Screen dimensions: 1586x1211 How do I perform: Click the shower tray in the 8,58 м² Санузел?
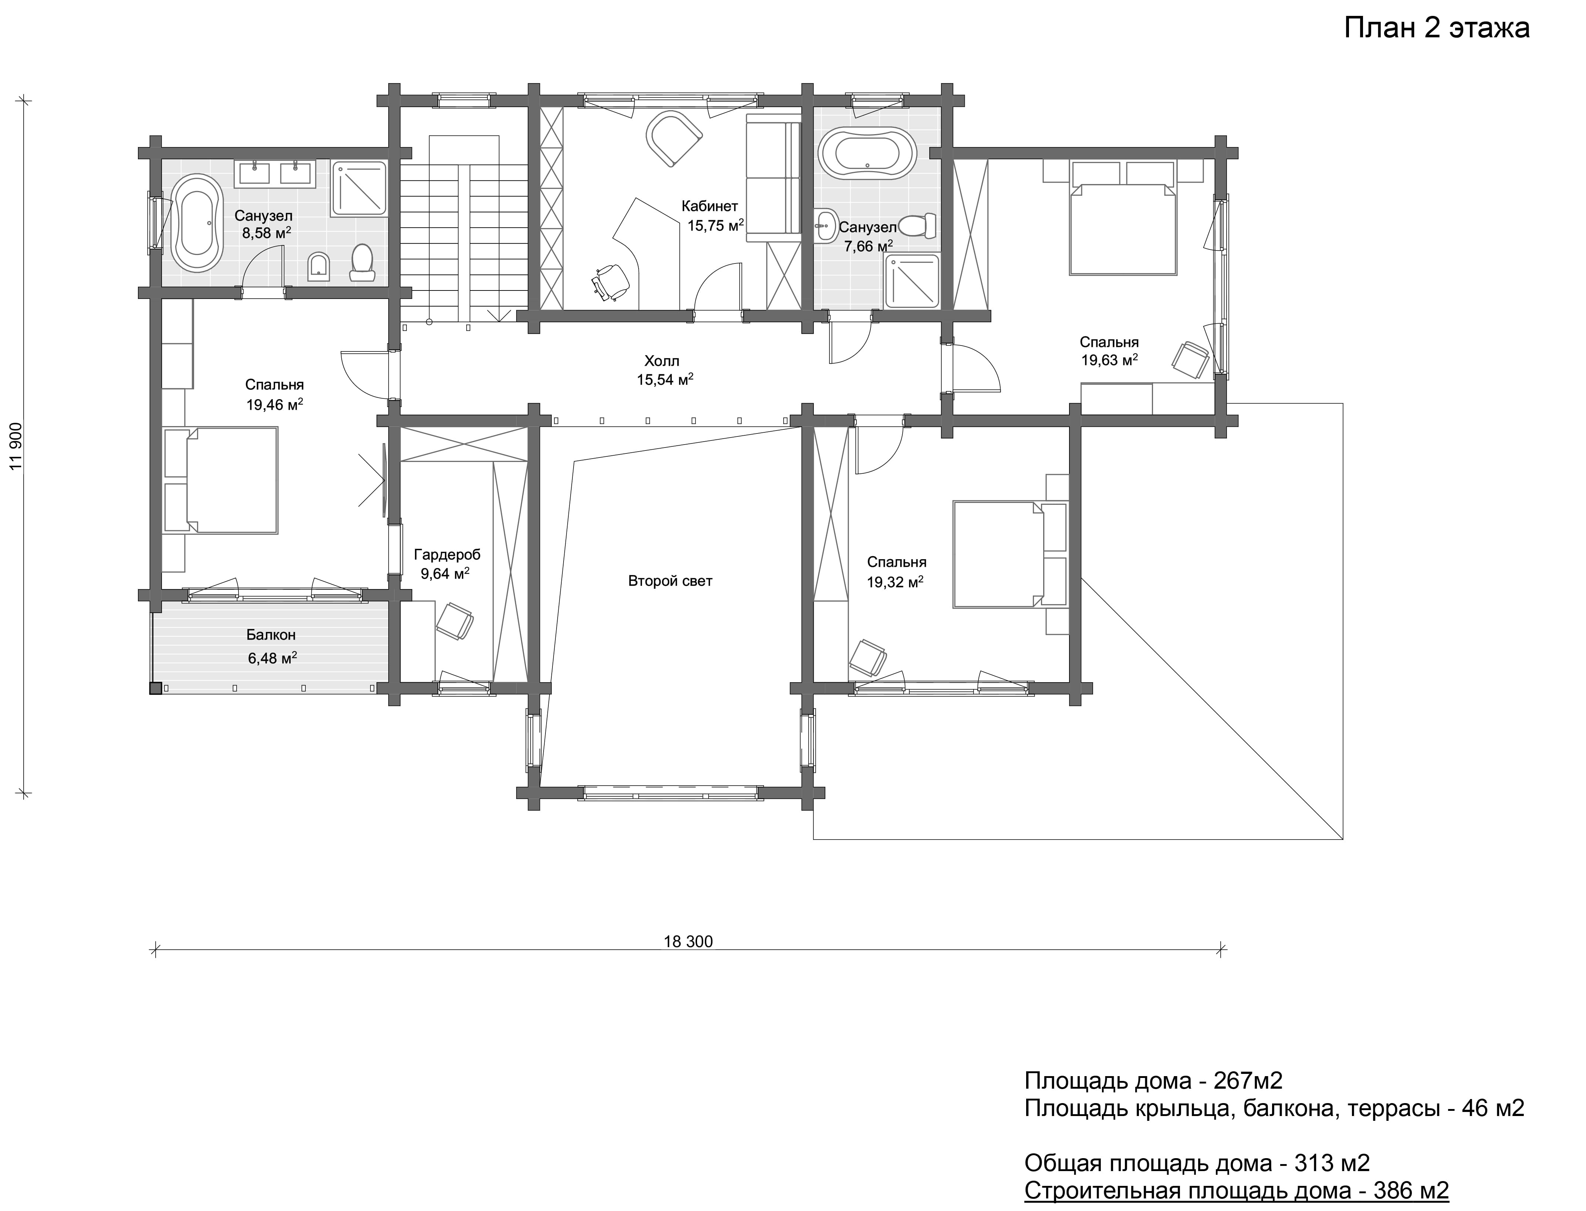point(358,188)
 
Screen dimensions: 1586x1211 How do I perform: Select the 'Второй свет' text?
point(670,581)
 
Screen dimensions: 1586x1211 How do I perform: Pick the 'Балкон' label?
point(271,635)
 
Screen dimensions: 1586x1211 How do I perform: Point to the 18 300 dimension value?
point(687,941)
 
